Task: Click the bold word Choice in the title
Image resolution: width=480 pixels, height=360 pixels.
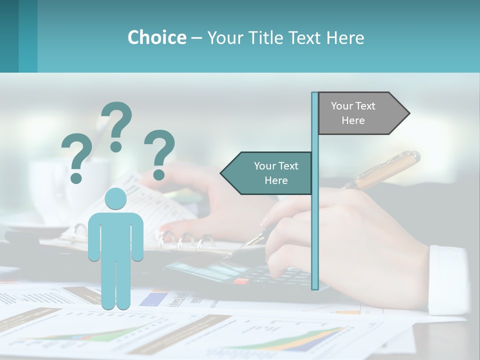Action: tap(156, 37)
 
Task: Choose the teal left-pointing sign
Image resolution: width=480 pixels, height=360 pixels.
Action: tap(267, 173)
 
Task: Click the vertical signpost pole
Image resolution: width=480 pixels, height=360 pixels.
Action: tap(315, 210)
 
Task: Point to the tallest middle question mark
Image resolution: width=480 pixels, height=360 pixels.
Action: tap(116, 126)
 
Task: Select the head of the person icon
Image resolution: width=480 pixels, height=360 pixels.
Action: tap(115, 199)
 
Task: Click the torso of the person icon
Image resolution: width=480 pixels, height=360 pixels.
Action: tap(115, 235)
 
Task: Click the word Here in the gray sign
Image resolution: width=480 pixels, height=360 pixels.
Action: tap(353, 120)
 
